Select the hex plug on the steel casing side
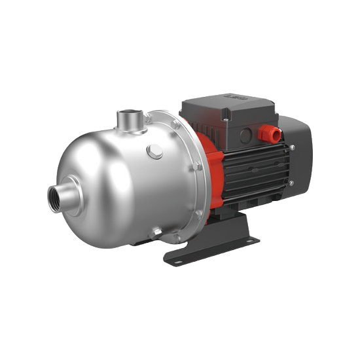(155, 152)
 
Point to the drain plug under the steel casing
(156, 232)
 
